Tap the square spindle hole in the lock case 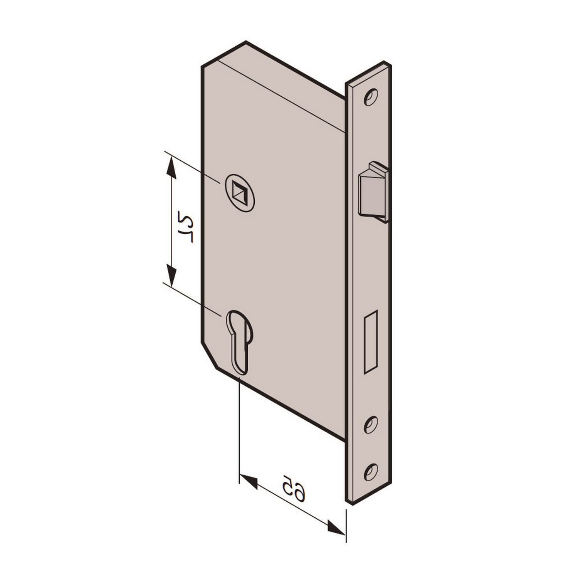pyautogui.click(x=240, y=193)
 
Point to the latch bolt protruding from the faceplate pyautogui.click(x=373, y=192)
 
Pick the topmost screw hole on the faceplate pyautogui.click(x=371, y=97)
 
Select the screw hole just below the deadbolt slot pyautogui.click(x=371, y=425)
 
